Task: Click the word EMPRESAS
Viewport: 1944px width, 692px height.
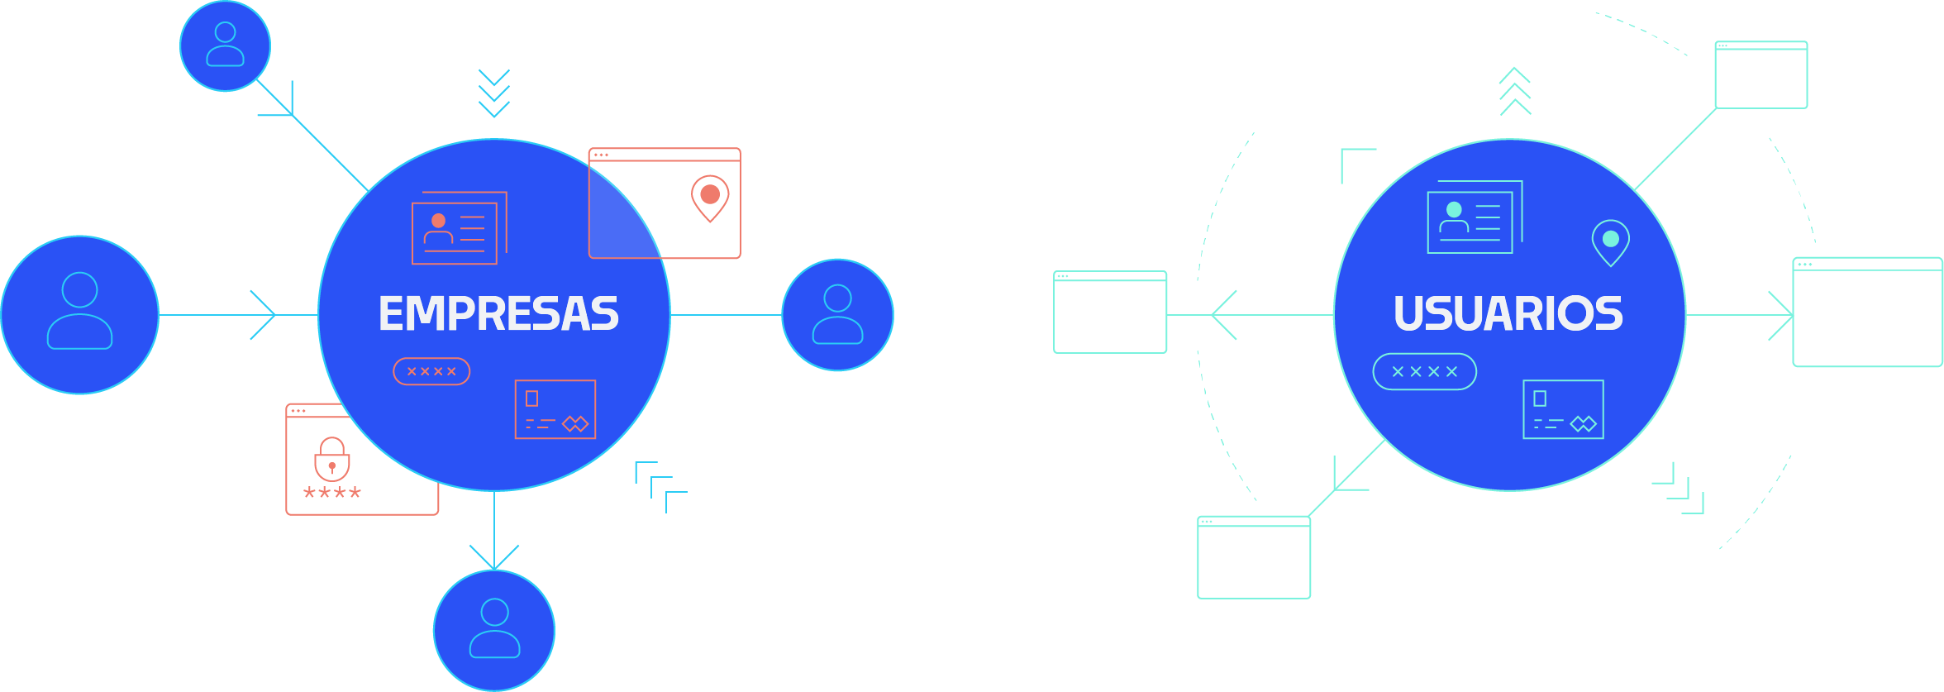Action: (498, 314)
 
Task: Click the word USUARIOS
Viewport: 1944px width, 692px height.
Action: (1508, 314)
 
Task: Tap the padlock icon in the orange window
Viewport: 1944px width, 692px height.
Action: (332, 459)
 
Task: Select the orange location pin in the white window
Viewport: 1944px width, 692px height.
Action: (710, 198)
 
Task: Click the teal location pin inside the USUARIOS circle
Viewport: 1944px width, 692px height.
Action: (1610, 241)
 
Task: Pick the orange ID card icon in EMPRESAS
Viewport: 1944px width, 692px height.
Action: (457, 229)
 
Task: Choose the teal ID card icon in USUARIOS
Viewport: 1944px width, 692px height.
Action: (1473, 218)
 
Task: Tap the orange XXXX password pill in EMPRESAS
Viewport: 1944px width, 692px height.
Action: (431, 371)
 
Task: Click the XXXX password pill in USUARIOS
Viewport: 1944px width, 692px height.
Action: (1424, 371)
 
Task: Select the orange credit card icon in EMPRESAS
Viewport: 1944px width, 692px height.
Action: (555, 409)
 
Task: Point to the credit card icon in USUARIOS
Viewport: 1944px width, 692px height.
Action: (1563, 409)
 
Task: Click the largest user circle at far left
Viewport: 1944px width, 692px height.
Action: (79, 314)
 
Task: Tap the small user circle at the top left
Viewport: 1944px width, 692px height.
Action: (225, 45)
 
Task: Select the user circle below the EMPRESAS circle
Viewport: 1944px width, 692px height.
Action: (494, 630)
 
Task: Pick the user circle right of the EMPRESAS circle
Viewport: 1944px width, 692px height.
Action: (837, 314)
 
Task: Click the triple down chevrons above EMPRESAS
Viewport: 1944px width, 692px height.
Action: (494, 93)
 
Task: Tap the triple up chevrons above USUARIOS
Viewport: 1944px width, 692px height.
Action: (1515, 91)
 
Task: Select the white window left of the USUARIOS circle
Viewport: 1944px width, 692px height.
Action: (1110, 313)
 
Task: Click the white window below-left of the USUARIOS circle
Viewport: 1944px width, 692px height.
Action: (1254, 557)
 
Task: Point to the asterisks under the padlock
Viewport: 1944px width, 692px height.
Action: (332, 494)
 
